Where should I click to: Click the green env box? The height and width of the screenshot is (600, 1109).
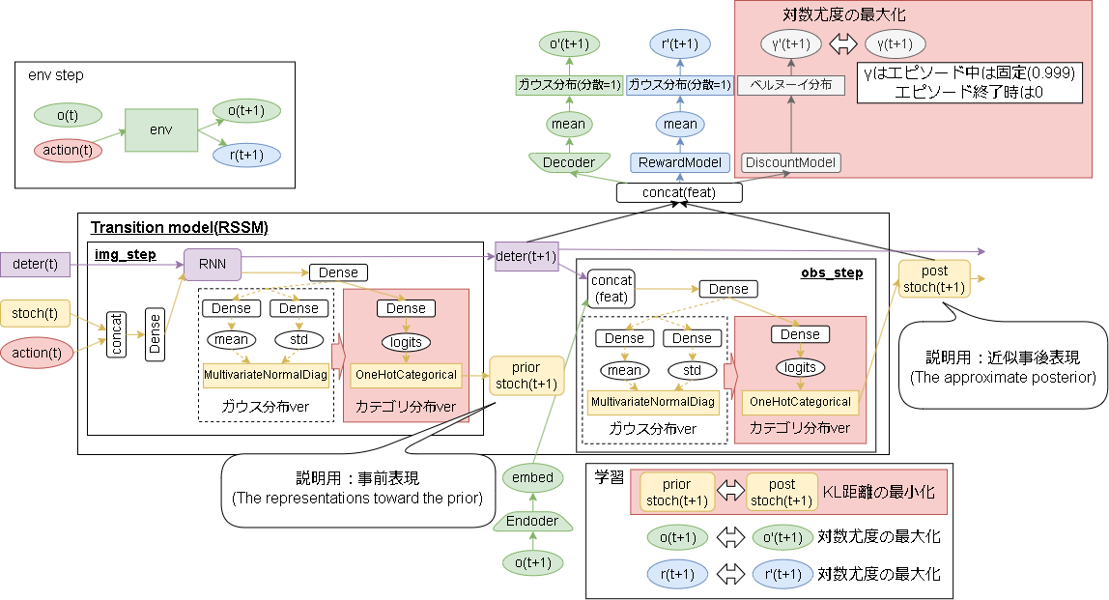[160, 129]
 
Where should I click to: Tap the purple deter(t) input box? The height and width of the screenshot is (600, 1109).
[37, 262]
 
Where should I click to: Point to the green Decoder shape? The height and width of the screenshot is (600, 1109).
[568, 162]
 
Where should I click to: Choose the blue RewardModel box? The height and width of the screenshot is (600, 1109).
[680, 162]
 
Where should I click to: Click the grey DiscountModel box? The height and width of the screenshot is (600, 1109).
[791, 162]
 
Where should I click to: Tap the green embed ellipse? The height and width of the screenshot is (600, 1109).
[532, 477]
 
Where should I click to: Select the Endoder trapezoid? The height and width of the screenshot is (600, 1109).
[532, 521]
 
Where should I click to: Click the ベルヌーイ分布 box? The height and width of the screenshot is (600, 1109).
[791, 85]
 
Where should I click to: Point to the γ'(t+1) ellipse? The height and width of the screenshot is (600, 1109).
[791, 43]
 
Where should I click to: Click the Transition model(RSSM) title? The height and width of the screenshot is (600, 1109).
[179, 228]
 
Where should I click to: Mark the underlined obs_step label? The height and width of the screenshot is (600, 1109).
[831, 273]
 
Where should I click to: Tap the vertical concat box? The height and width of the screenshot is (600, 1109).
[116, 334]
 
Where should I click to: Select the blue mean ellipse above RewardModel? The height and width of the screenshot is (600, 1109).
[680, 124]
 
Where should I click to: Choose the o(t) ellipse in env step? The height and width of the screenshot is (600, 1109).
[68, 115]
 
